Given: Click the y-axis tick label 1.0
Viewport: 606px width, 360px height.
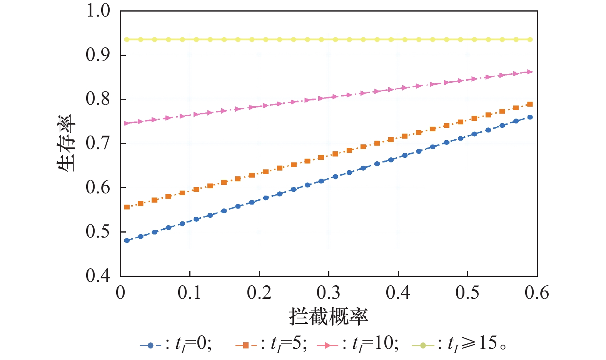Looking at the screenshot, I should click(98, 11).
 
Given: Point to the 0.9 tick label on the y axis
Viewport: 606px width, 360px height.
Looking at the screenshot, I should click(98, 55).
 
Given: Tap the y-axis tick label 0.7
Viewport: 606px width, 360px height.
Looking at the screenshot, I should click(98, 143).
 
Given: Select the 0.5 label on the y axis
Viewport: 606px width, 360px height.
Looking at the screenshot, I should click(98, 232).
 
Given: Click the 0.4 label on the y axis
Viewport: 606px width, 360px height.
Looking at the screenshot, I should click(98, 276).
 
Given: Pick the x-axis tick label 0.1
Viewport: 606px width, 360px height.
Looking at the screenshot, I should click(190, 293).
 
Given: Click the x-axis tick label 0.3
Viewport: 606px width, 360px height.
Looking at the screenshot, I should click(329, 293).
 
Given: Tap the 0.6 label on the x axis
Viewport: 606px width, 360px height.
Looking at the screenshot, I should click(537, 293).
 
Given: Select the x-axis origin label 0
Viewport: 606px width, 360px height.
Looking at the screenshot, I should click(120, 293).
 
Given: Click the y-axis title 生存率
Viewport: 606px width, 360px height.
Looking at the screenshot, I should click(66, 143).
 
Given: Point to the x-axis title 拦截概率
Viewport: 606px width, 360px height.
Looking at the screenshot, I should click(329, 317).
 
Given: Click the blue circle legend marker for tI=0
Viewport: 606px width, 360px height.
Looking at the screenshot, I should click(150, 345).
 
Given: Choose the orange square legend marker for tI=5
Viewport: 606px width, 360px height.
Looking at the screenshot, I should click(246, 345).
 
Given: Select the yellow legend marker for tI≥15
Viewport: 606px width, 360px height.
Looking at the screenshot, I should click(422, 345).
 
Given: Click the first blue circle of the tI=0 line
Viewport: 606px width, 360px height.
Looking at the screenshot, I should click(127, 241).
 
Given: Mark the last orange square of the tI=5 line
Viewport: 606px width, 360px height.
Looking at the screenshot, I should click(530, 104).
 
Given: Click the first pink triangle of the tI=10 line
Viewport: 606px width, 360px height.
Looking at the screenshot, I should click(127, 123).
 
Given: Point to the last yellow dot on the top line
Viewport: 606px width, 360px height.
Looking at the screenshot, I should click(530, 40).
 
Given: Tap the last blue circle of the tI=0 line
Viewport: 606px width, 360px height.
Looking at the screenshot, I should click(530, 117).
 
